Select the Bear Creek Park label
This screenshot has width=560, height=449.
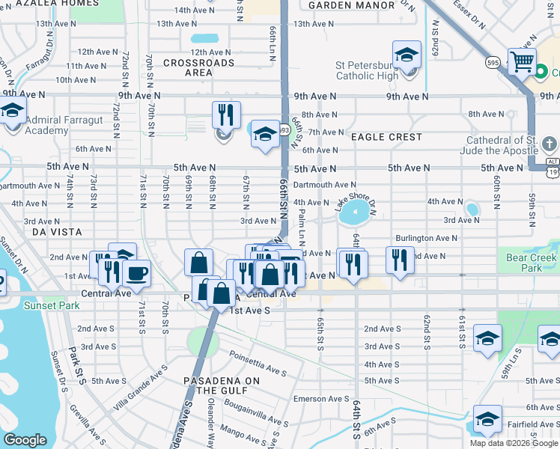coord(532,263)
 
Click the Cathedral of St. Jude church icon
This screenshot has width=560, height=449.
coord(548,144)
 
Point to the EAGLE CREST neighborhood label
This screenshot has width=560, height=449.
coord(386,137)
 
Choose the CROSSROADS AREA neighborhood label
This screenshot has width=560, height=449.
coord(198,68)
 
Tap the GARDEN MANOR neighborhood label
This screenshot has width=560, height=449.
coord(351,5)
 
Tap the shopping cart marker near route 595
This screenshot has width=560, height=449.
coord(521,61)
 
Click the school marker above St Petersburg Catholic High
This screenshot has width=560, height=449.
coord(407,54)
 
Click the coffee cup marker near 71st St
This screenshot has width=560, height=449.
coord(137,273)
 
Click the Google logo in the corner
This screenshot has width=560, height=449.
coord(25,440)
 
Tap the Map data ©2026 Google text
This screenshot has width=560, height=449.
coord(513,443)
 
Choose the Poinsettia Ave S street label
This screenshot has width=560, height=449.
coord(258,363)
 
